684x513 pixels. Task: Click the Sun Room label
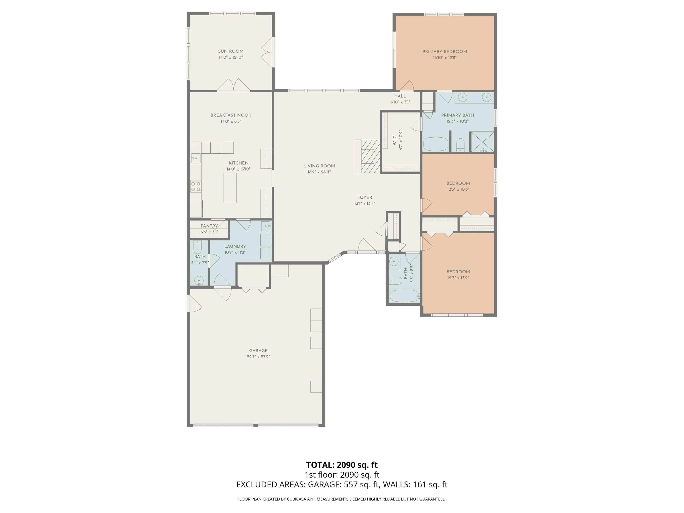pyautogui.click(x=231, y=51)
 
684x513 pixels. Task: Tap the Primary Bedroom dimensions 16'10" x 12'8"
pyautogui.click(x=445, y=57)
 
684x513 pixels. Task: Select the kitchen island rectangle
pyautogui.click(x=230, y=188)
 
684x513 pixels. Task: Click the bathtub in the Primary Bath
pyautogui.click(x=435, y=144)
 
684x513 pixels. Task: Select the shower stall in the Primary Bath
pyautogui.click(x=482, y=142)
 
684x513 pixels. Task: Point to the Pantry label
pyautogui.click(x=209, y=226)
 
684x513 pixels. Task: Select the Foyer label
pyautogui.click(x=364, y=197)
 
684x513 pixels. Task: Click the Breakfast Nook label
pyautogui.click(x=231, y=115)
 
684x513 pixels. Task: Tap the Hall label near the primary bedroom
pyautogui.click(x=400, y=96)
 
